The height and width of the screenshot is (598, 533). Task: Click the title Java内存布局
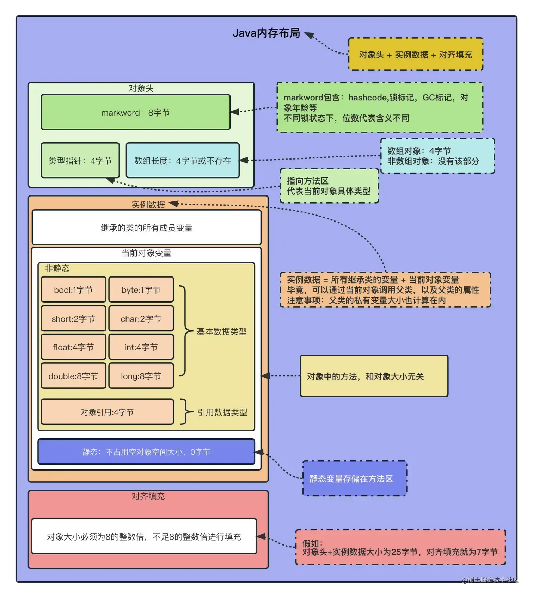click(266, 33)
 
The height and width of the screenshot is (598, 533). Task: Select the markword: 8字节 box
click(135, 112)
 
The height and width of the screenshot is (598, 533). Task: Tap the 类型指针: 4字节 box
click(80, 161)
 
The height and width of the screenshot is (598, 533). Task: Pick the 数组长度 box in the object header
click(183, 161)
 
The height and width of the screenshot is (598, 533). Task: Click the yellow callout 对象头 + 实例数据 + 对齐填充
click(415, 55)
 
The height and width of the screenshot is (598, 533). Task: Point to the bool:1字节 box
click(73, 290)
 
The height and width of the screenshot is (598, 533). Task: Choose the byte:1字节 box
click(141, 290)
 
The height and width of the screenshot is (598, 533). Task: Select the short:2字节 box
click(73, 319)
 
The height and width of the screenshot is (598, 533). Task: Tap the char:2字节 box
click(141, 319)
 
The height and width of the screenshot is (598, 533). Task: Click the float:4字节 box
click(73, 347)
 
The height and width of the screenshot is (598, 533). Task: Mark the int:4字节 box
click(141, 347)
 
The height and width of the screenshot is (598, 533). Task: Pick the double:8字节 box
click(73, 376)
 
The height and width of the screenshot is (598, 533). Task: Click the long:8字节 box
click(141, 376)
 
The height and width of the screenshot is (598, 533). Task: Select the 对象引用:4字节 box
click(107, 412)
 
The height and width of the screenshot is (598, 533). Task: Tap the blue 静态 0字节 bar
click(146, 452)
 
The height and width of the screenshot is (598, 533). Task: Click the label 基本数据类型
click(222, 331)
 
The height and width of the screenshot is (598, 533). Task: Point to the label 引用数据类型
click(222, 412)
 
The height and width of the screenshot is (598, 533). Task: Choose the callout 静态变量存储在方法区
click(354, 479)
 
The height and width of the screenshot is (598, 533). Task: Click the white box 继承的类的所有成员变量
click(146, 228)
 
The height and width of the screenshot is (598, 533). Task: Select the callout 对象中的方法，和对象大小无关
click(374, 376)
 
